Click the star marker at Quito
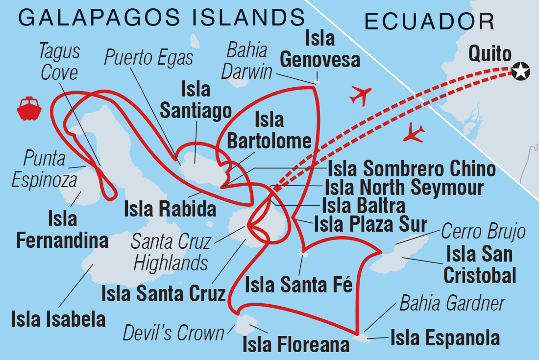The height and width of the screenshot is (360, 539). pyautogui.click(x=520, y=72)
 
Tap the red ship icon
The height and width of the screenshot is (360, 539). pyautogui.click(x=29, y=108)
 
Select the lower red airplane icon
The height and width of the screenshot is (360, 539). pyautogui.click(x=414, y=132)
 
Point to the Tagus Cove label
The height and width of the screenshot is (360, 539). pyautogui.click(x=60, y=62)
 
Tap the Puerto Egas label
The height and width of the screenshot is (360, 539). pyautogui.click(x=149, y=58)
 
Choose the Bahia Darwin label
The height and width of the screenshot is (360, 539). pyautogui.click(x=246, y=61)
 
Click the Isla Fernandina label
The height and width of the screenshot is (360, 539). pyautogui.click(x=62, y=230)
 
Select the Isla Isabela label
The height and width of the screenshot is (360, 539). pyautogui.click(x=58, y=319)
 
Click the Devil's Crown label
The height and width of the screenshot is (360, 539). pyautogui.click(x=173, y=334)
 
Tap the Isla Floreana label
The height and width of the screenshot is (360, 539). pyautogui.click(x=296, y=344)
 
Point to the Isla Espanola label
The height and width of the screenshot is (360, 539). pyautogui.click(x=445, y=338)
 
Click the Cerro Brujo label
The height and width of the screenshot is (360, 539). pyautogui.click(x=483, y=230)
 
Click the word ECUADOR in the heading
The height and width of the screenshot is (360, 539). pyautogui.click(x=429, y=22)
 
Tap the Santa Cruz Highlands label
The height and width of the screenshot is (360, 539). pyautogui.click(x=171, y=253)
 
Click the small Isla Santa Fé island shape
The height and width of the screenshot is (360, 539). pyautogui.click(x=304, y=254)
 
